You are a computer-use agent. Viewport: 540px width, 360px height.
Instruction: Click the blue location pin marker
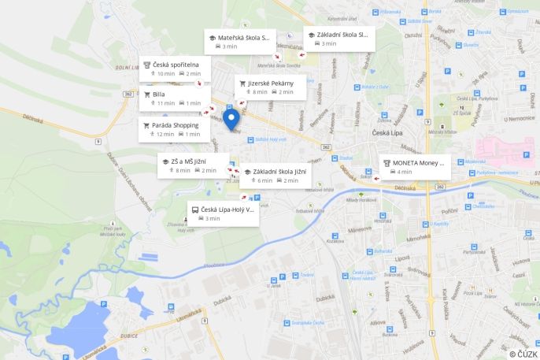pos(231,118)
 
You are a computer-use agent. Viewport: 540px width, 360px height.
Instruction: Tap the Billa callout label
pos(174,98)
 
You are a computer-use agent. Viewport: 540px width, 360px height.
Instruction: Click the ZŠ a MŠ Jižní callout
pos(193,165)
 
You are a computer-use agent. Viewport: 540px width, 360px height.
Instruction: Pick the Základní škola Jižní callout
pos(275,175)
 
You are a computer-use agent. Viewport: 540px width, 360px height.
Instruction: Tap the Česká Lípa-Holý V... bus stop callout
pos(224,213)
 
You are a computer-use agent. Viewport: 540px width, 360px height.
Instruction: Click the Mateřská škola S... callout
pos(240,42)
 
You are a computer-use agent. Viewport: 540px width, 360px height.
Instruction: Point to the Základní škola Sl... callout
pos(338,39)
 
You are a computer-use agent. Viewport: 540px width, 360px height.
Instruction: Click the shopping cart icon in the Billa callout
pos(146,94)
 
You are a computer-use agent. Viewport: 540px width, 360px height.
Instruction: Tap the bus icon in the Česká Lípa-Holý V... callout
pos(195,210)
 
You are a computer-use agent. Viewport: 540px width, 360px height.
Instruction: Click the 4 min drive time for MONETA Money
pos(404,172)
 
